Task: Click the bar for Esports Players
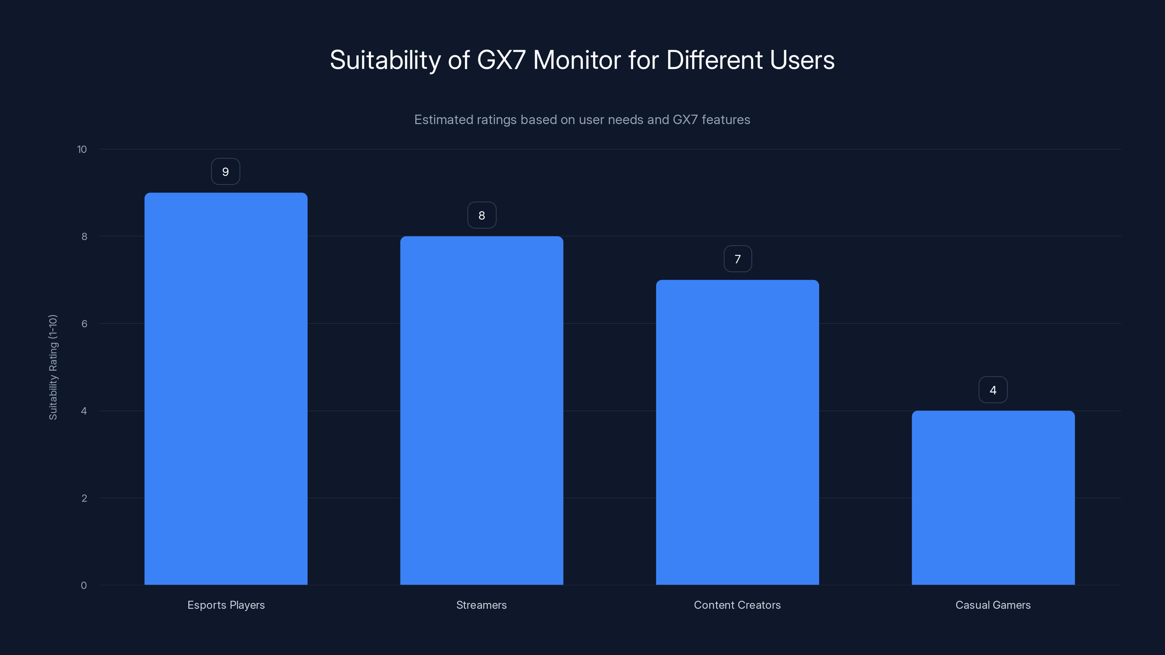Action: point(226,389)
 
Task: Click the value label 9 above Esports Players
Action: point(226,172)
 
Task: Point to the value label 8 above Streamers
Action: point(482,216)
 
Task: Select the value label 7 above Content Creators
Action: point(738,259)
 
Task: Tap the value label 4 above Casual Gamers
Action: point(993,390)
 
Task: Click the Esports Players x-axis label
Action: point(226,605)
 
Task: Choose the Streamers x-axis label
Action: point(482,605)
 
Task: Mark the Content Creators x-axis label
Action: point(737,605)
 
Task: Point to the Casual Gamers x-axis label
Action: point(993,605)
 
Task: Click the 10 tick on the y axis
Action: point(82,149)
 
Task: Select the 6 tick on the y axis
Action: point(84,323)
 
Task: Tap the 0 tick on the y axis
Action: point(84,585)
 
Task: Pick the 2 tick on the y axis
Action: point(84,498)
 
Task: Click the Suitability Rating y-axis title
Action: point(53,367)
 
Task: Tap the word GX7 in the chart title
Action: point(501,60)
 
